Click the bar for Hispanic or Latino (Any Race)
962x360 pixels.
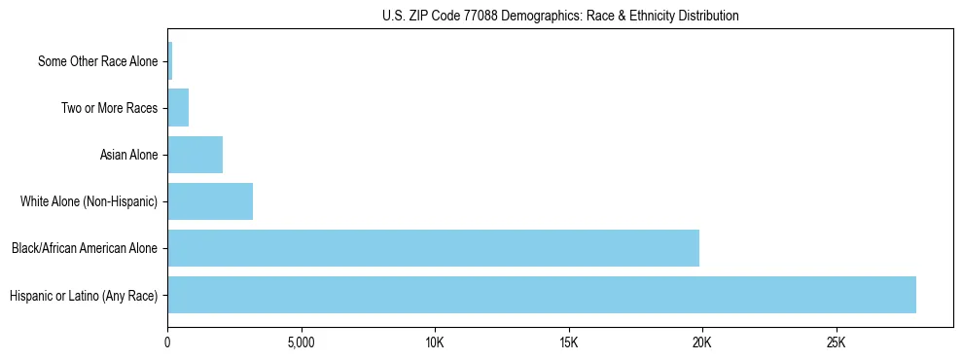542,295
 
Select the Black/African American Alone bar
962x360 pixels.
433,248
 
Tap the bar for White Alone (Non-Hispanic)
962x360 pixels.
210,201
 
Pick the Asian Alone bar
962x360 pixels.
195,155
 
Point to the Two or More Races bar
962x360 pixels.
178,108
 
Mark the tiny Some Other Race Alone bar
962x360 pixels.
170,61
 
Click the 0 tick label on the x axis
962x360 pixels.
168,343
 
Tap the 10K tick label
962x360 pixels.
435,343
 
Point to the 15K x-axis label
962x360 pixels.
569,343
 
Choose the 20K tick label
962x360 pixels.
702,343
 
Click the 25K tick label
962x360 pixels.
836,343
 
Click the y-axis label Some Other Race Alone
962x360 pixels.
97,61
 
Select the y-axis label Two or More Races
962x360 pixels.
109,108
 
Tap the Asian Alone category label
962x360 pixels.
128,155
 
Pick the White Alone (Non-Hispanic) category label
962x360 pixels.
89,201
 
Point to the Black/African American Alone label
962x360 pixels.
84,248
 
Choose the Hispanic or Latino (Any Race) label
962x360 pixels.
83,295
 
